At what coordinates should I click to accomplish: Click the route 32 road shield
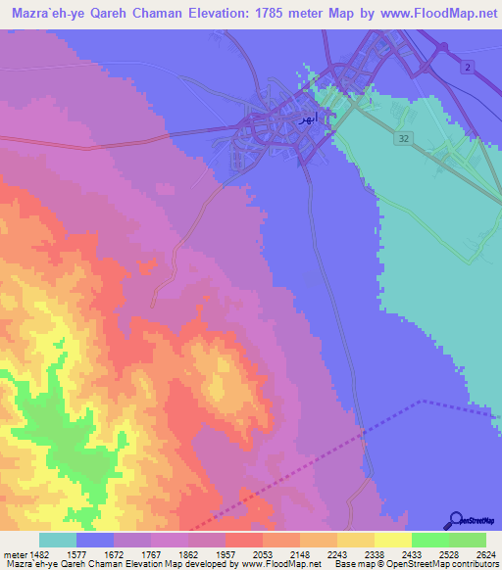pos(404,139)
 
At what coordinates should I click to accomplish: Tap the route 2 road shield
pos(468,66)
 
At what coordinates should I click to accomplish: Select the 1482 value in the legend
pos(38,553)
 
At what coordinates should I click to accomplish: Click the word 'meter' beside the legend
pos(13,553)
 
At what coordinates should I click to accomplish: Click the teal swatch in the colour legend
pos(58,540)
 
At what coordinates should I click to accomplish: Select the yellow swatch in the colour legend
pos(392,540)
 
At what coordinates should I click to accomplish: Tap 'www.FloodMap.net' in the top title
pos(427,13)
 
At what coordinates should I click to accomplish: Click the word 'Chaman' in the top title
pos(148,13)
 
